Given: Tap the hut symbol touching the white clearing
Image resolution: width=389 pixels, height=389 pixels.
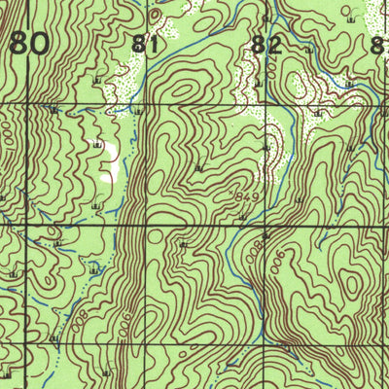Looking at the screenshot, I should tap(97, 144).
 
